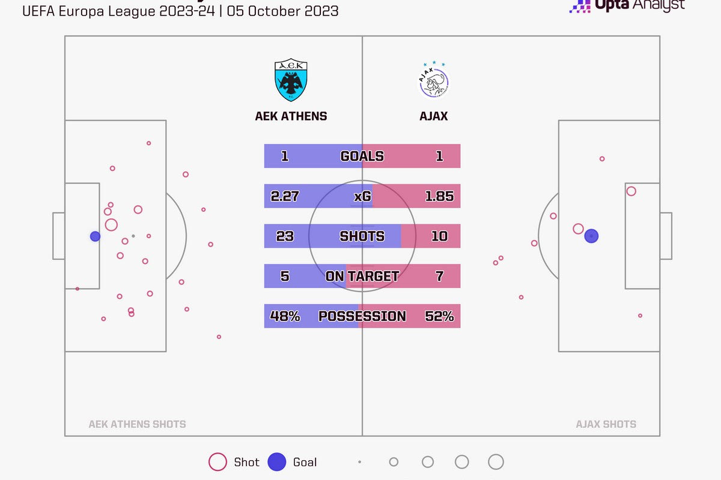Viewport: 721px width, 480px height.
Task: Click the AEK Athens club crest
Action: coord(291,80)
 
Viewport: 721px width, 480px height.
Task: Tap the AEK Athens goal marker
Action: coord(95,236)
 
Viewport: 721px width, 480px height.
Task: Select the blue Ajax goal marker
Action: coord(591,236)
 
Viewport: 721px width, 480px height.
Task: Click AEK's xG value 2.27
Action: coord(285,196)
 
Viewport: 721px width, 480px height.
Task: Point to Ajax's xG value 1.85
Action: coord(439,196)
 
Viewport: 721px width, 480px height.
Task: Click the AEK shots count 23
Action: coord(285,236)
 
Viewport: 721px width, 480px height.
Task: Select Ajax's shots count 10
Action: coord(439,236)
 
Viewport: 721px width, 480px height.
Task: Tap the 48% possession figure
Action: coord(285,316)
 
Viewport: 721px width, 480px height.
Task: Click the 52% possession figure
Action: coord(439,316)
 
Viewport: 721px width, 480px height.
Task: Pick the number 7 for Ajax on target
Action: coord(439,276)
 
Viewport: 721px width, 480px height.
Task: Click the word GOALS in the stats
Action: coord(362,156)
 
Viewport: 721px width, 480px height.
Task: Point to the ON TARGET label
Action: coord(362,276)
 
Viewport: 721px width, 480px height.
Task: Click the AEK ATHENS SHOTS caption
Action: coord(137,424)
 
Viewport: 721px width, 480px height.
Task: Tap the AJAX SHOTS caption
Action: coord(606,424)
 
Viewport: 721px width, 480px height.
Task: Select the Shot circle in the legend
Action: coord(218,462)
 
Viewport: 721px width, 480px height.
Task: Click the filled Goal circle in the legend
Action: coord(277,462)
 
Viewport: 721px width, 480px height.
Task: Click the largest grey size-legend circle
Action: coord(496,462)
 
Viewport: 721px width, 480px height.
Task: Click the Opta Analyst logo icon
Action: coord(580,5)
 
